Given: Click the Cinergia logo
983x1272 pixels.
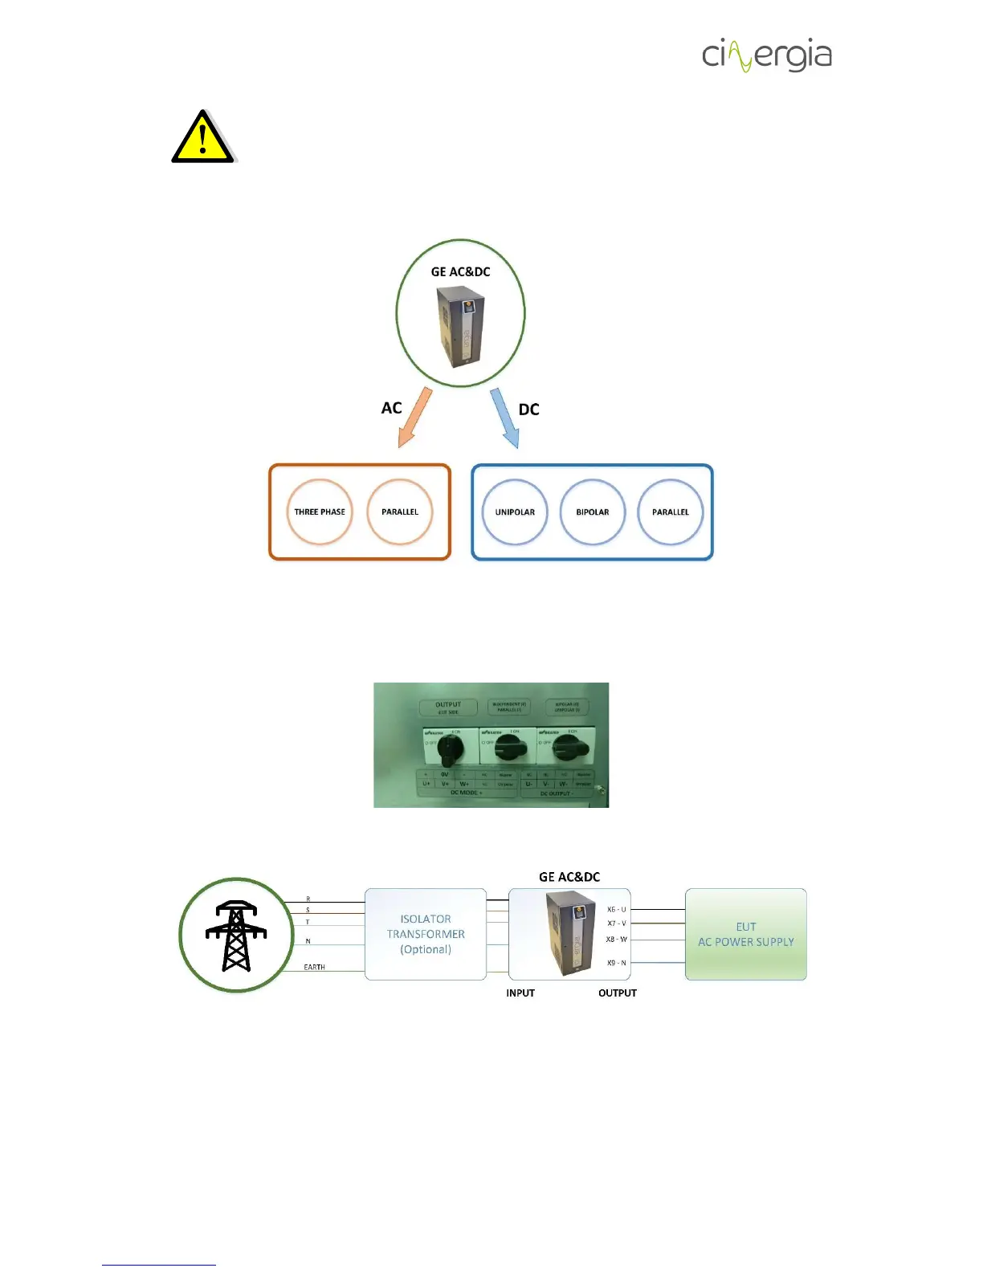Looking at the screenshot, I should pos(766,55).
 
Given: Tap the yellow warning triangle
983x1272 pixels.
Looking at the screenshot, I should pos(202,138).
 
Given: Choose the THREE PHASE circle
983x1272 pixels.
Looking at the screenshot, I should pos(320,512).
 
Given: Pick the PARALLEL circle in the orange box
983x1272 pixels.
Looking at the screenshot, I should pos(400,512).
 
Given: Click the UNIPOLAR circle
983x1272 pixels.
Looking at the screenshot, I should pos(515,512).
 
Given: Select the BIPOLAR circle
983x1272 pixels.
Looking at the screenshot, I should pos(593,512).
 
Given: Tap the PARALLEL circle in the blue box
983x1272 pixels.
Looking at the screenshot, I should pos(671,512).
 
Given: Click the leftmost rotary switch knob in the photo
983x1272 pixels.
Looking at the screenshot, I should pos(451,749).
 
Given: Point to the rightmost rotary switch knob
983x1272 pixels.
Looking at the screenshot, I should pos(569,750).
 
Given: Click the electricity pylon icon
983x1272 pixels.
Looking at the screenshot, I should pos(236,936).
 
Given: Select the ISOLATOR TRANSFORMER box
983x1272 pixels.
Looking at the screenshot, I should pos(426,934).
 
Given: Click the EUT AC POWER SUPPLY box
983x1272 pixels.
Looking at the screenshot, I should pos(745,934).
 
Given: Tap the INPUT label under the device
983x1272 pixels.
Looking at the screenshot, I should pos(520,993).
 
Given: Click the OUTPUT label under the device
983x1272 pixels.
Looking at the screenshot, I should pos(618,993).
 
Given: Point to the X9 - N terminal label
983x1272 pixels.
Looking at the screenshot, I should pos(616,963).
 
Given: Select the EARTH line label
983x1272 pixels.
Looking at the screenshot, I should pos(314,968).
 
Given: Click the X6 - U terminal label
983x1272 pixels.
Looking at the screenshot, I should pos(616,910).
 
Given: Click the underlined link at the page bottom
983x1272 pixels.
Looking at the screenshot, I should pos(159,1265).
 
